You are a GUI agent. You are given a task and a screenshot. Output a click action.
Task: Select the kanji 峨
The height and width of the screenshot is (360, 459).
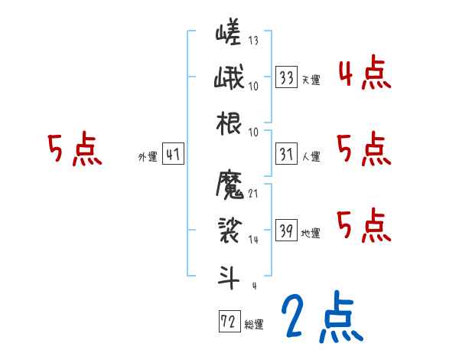click(229, 78)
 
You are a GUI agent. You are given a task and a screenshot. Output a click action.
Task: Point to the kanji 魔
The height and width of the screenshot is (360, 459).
click(229, 186)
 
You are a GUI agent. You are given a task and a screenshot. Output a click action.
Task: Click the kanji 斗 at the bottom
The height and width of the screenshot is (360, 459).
click(229, 273)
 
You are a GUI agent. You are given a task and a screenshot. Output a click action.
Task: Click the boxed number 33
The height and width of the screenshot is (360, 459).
click(286, 77)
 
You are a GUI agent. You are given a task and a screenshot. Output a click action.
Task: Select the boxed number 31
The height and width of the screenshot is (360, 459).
click(286, 154)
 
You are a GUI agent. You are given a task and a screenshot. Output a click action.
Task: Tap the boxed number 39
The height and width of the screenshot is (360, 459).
click(286, 231)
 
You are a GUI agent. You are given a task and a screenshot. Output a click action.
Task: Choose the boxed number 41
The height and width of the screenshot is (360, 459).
click(173, 154)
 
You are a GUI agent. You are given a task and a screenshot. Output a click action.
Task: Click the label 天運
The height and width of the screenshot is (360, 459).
click(311, 80)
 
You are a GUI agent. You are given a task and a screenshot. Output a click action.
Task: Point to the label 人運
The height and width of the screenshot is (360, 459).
click(311, 156)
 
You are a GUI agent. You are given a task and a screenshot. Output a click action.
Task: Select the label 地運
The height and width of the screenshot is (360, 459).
click(311, 233)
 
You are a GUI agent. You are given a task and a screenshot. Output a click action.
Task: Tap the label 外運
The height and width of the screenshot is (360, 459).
click(148, 156)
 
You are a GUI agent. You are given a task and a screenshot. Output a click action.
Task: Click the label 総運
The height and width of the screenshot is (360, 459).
click(255, 324)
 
